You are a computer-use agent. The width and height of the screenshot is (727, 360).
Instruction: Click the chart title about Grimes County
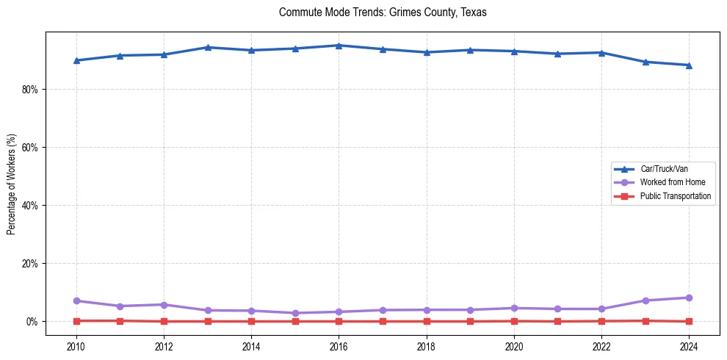pyautogui.click(x=383, y=12)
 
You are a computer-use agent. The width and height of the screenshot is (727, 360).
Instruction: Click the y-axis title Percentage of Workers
pyautogui.click(x=12, y=184)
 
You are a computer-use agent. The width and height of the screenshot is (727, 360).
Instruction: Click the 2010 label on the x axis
pyautogui.click(x=76, y=345)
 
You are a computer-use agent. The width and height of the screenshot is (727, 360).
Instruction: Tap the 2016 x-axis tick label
pyautogui.click(x=339, y=345)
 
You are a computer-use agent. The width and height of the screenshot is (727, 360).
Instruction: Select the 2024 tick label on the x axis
pyautogui.click(x=689, y=345)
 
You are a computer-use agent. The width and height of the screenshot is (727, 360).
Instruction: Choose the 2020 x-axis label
pyautogui.click(x=514, y=345)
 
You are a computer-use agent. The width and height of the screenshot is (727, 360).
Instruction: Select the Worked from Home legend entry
pyautogui.click(x=670, y=182)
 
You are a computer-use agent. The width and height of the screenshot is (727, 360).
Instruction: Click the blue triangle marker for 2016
pyautogui.click(x=339, y=46)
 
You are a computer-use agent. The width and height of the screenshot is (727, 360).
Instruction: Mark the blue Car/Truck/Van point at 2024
pyautogui.click(x=689, y=65)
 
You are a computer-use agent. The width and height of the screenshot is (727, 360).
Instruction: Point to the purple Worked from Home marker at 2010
pyautogui.click(x=76, y=300)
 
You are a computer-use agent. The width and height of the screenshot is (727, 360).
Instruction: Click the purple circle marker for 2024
pyautogui.click(x=689, y=298)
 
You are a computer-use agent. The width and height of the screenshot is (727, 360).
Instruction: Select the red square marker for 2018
pyautogui.click(x=427, y=321)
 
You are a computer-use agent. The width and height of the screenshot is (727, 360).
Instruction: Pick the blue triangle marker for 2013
pyautogui.click(x=208, y=47)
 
